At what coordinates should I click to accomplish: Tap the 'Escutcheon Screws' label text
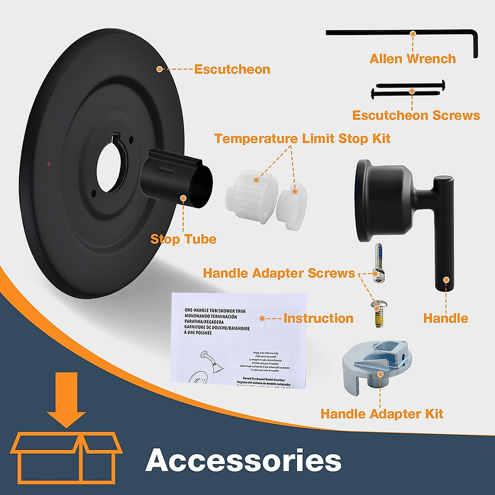[416, 115]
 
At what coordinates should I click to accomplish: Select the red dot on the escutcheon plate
[49, 164]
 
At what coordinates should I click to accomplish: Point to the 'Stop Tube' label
[183, 239]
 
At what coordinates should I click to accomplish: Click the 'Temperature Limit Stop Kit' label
[302, 139]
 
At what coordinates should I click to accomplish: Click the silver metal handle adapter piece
[376, 367]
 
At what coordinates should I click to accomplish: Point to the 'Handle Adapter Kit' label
[382, 414]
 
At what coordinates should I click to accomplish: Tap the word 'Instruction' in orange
[318, 318]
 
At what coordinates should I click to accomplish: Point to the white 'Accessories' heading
[243, 460]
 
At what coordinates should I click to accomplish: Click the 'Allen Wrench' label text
[412, 59]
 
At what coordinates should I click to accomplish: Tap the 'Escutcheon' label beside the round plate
[232, 69]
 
